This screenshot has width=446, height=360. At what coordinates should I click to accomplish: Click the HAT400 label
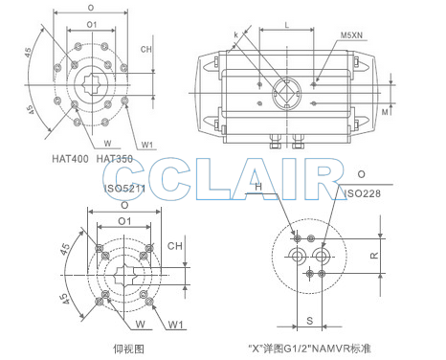pos(70,159)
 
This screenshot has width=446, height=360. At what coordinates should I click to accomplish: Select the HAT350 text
pos(115,159)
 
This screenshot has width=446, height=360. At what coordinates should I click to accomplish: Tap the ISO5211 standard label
pos(124,189)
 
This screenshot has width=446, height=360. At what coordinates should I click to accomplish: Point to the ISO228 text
pos(362,193)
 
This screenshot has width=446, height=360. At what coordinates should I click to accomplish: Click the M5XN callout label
pos(351,35)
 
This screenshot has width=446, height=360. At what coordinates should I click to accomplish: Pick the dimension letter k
pos(235,34)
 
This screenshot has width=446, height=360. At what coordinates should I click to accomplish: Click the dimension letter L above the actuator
pos(287,25)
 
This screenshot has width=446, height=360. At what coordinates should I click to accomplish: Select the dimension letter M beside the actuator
pos(386,112)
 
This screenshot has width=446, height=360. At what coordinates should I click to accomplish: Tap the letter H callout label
pos(258,187)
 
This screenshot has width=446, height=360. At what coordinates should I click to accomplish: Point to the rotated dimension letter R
pos(374,256)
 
